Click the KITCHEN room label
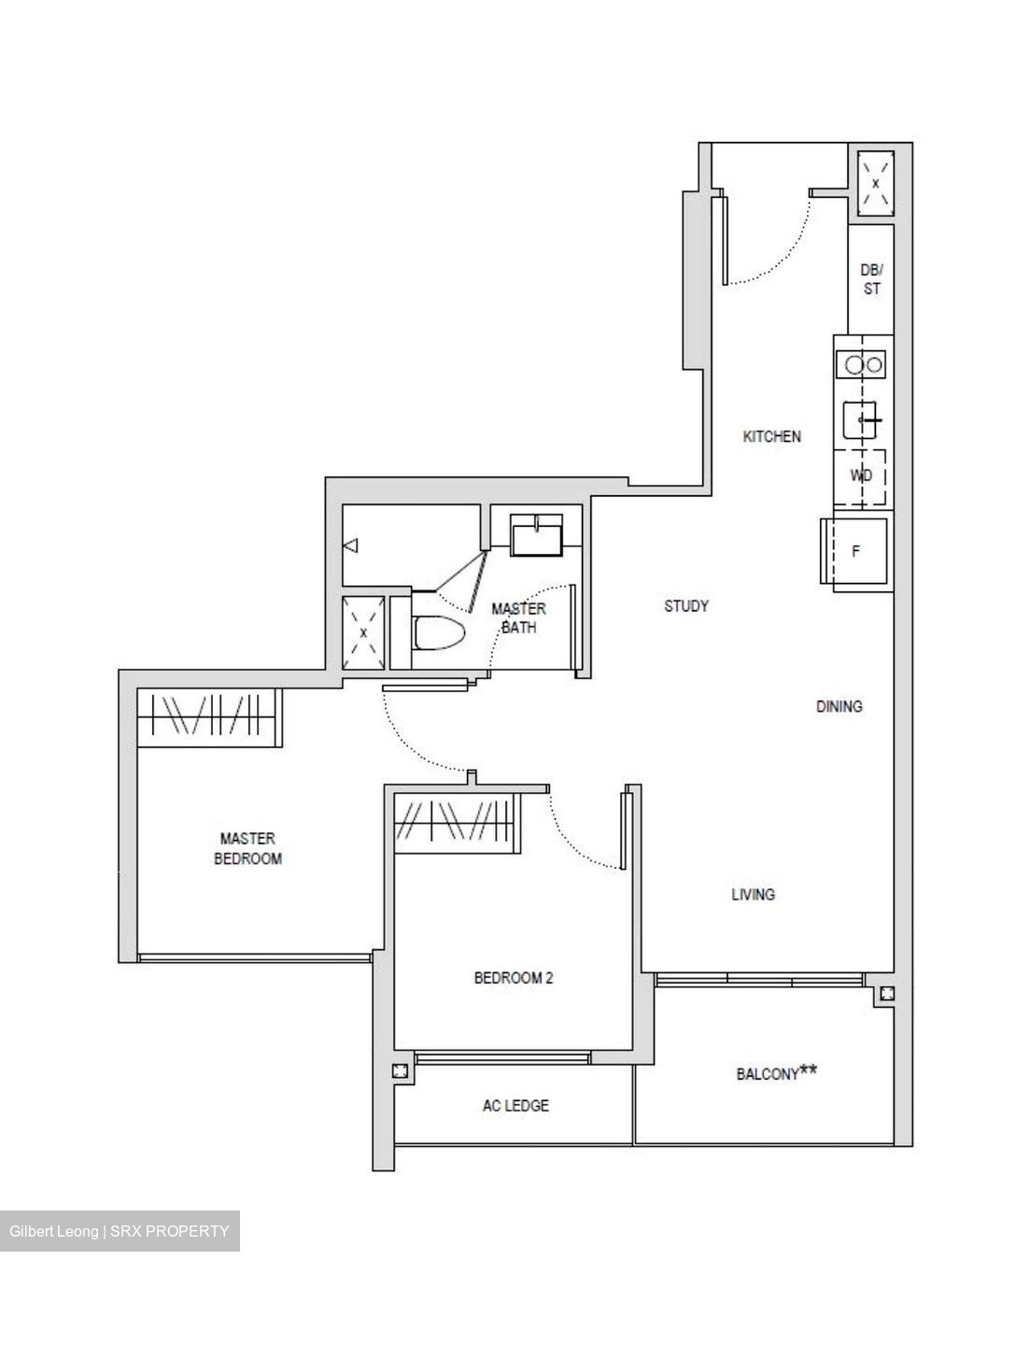click(x=771, y=436)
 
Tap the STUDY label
click(x=686, y=606)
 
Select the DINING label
click(x=839, y=706)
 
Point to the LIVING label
click(x=753, y=894)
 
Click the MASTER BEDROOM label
click(x=247, y=848)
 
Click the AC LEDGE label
click(x=516, y=1106)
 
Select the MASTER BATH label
click(x=518, y=617)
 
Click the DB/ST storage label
click(x=870, y=279)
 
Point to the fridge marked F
click(x=856, y=551)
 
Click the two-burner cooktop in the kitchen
click(x=860, y=364)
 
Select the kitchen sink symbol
click(x=860, y=420)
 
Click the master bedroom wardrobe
click(x=208, y=717)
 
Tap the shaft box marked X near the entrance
click(x=875, y=184)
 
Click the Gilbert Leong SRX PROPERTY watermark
click(x=120, y=1231)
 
